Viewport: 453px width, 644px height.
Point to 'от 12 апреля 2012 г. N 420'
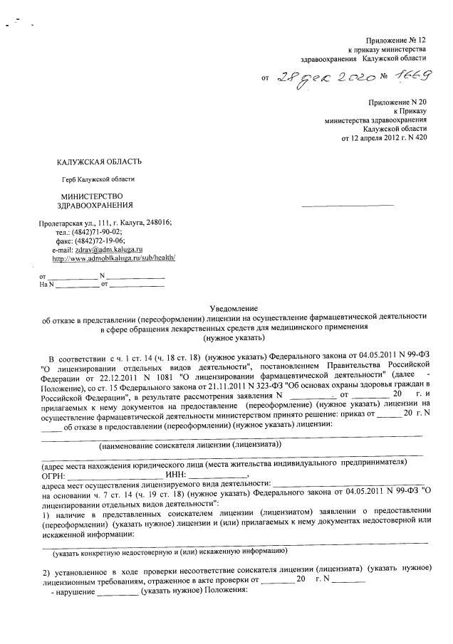pos(384,137)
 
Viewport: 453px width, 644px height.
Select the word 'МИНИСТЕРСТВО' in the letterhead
pos(92,196)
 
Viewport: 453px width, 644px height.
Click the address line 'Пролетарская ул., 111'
pos(78,223)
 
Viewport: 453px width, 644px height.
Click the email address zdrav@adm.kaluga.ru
pos(108,250)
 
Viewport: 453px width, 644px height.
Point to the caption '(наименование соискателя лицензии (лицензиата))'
pos(190,444)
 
